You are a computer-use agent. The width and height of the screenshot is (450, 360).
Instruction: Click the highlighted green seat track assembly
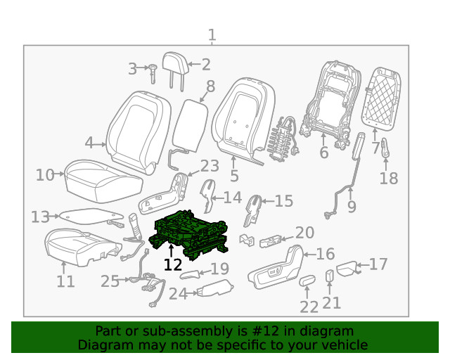(x=191, y=232)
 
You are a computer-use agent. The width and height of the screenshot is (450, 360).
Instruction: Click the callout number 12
(x=172, y=264)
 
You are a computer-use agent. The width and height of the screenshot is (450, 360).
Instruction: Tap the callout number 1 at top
(x=212, y=35)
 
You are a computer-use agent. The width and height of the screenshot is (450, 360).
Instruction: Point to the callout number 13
(x=41, y=217)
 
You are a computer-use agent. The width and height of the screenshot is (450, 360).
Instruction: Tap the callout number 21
(x=331, y=302)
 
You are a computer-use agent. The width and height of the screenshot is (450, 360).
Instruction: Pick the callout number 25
(x=110, y=281)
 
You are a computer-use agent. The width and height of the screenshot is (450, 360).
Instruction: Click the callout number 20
(x=304, y=233)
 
